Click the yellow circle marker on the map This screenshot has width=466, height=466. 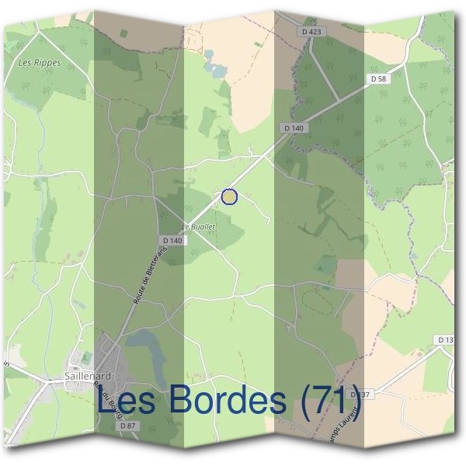click(229, 196)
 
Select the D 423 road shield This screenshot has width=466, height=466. click(309, 32)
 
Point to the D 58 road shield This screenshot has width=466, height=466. click(378, 78)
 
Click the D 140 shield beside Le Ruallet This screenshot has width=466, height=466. click(173, 241)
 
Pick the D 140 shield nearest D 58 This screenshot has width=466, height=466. click(293, 127)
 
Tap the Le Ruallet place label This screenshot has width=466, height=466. click(198, 225)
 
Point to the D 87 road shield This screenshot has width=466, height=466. click(128, 426)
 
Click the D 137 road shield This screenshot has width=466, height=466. click(361, 395)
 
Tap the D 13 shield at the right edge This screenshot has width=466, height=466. click(447, 340)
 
